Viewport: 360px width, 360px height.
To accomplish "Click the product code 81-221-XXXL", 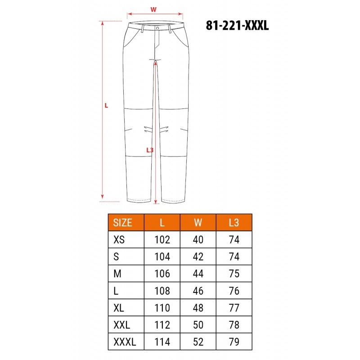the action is pyautogui.click(x=237, y=25).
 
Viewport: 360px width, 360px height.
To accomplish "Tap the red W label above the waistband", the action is pyautogui.click(x=153, y=9).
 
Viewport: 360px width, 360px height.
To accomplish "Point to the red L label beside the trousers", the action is pyautogui.click(x=106, y=106).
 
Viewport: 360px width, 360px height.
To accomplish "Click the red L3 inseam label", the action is pyautogui.click(x=150, y=150).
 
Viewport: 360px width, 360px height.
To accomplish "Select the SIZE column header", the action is pyautogui.click(x=122, y=223).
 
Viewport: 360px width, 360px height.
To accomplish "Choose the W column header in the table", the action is pyautogui.click(x=198, y=223).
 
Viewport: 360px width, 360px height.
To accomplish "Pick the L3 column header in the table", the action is pyautogui.click(x=234, y=223).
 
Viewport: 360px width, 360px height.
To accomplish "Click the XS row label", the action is pyautogui.click(x=119, y=240).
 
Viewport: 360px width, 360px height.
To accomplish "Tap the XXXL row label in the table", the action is pyautogui.click(x=125, y=342).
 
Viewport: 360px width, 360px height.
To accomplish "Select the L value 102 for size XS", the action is pyautogui.click(x=162, y=240).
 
